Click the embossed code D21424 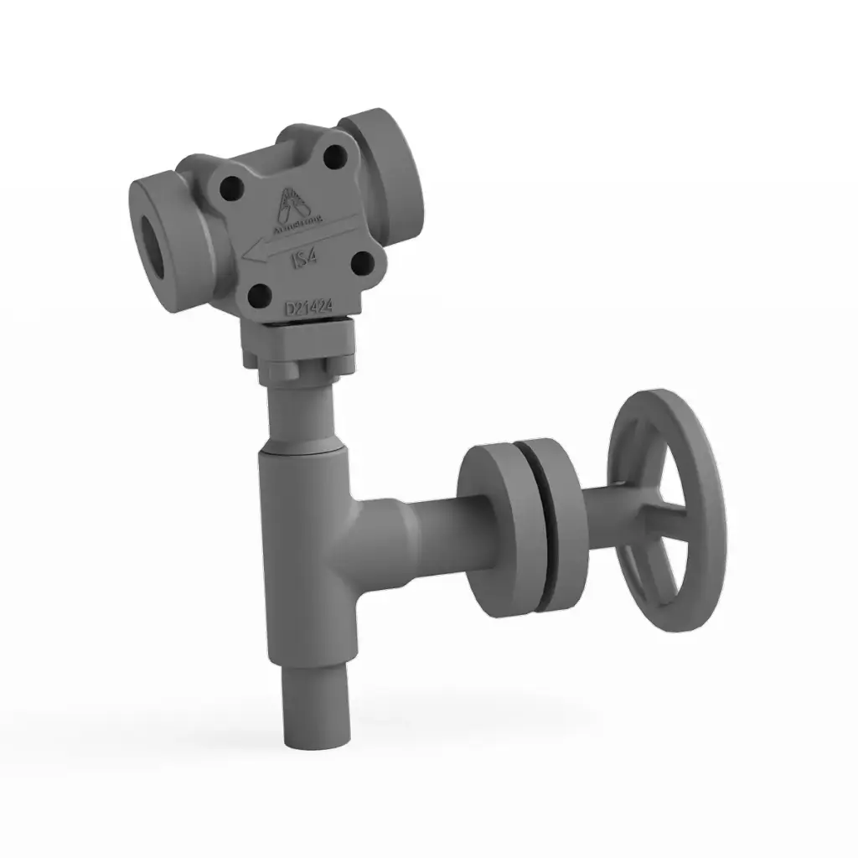click(309, 308)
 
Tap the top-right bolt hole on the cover click(336, 157)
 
